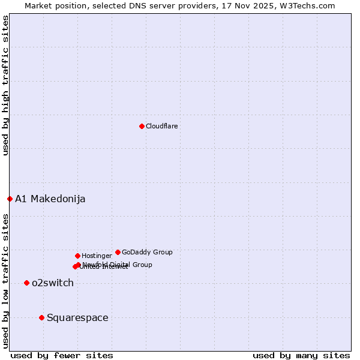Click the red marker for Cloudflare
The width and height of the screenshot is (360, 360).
click(x=142, y=126)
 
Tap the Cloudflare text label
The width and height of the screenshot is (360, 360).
click(x=161, y=126)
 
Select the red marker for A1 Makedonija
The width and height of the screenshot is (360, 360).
click(x=10, y=199)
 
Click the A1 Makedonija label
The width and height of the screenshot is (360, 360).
click(x=50, y=199)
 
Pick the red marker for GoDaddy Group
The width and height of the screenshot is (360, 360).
click(x=118, y=252)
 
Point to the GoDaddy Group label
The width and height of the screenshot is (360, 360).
click(x=147, y=252)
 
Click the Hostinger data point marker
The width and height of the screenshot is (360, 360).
click(x=77, y=256)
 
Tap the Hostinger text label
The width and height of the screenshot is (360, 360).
click(x=97, y=256)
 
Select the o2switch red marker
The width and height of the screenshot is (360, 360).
click(x=26, y=283)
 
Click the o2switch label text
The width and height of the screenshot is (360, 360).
click(x=53, y=283)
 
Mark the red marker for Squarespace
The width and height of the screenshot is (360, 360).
click(x=41, y=317)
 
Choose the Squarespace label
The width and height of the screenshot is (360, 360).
click(x=77, y=318)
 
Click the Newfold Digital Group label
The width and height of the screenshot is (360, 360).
click(x=118, y=264)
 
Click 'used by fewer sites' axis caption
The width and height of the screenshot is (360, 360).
click(x=62, y=355)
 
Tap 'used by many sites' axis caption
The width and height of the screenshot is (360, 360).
click(x=301, y=355)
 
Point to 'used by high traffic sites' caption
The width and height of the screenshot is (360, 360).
click(x=5, y=85)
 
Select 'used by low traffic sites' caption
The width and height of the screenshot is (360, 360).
click(x=5, y=281)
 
